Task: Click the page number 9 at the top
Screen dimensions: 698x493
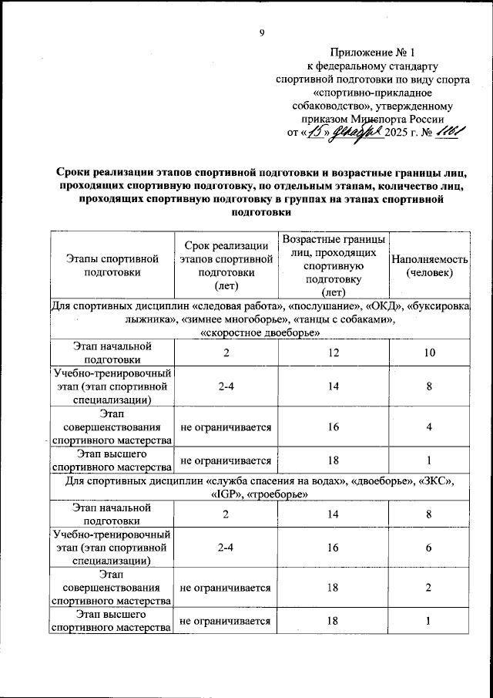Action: click(261, 32)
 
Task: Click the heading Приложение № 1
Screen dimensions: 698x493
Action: click(372, 53)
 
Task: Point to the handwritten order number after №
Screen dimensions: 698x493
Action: click(448, 133)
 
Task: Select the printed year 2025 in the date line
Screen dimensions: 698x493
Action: click(397, 133)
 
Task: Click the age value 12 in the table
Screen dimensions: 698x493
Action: click(333, 353)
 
